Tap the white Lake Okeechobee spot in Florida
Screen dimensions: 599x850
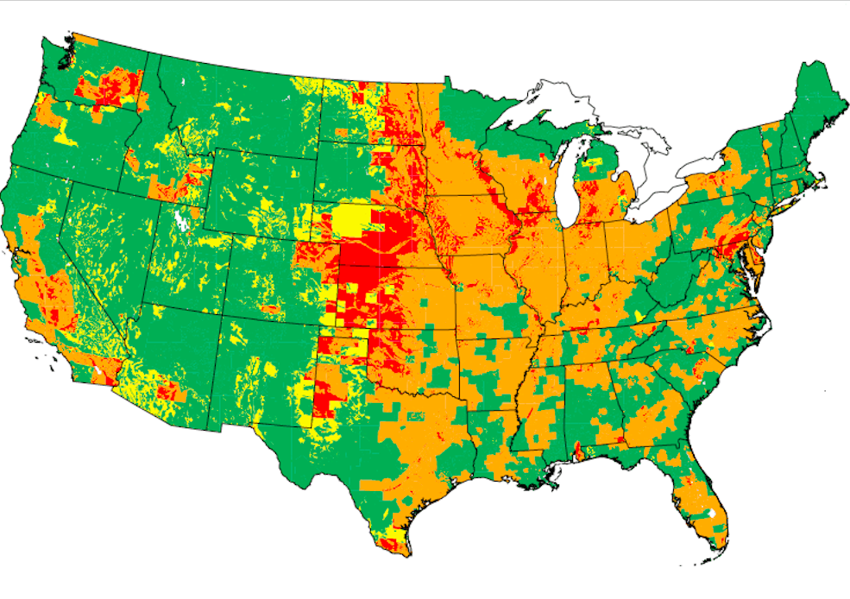click(709, 514)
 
